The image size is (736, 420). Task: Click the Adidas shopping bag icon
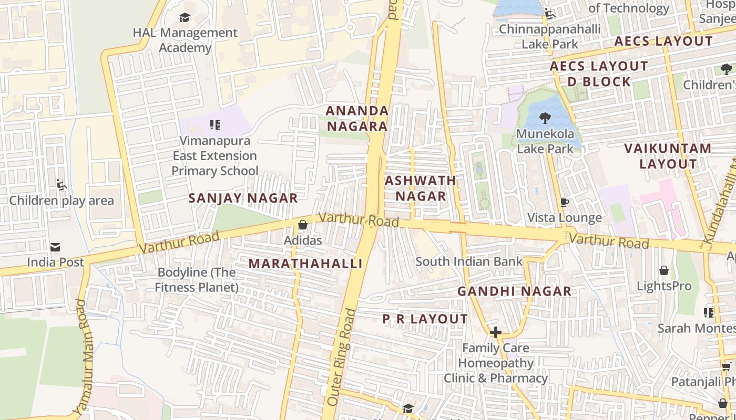302,225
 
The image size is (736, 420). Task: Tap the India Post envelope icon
55,247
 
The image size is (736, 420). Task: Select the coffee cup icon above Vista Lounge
565,202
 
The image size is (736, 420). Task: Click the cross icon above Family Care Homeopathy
495,332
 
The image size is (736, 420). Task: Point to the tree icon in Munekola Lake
545,118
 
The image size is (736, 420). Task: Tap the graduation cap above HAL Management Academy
185,18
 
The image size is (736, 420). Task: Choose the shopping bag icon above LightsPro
664,270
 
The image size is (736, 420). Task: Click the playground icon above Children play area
62,185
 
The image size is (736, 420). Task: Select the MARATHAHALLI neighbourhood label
305,264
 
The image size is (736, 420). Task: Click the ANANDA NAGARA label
357,119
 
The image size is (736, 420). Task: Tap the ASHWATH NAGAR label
421,188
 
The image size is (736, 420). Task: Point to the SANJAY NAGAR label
243,198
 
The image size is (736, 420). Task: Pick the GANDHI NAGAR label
514,291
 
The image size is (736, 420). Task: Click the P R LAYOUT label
425,319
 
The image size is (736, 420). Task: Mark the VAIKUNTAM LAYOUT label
668,156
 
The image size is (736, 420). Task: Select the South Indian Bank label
469,261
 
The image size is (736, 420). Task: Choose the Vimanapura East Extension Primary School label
215,156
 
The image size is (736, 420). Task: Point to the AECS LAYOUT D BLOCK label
599,74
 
